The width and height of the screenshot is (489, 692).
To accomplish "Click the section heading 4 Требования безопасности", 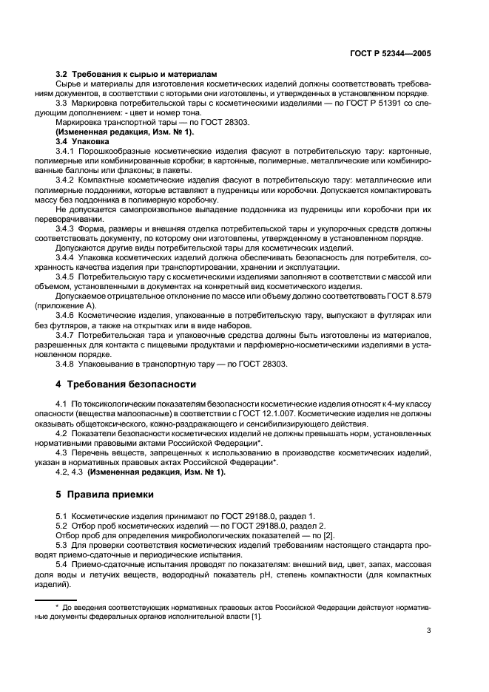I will (x=126, y=384).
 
